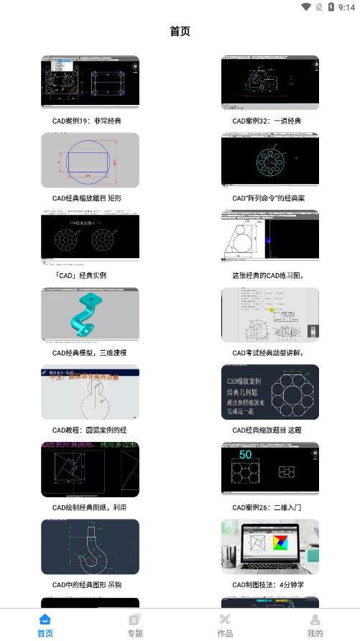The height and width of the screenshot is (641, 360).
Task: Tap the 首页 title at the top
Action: (180, 32)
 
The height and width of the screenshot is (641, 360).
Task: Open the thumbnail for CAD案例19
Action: (90, 83)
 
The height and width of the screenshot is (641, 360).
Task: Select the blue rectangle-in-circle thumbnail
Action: (90, 160)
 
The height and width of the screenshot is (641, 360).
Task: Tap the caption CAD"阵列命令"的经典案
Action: (269, 198)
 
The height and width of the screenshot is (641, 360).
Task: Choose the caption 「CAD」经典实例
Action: (79, 275)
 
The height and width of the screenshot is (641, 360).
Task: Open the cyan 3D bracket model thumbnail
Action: (90, 315)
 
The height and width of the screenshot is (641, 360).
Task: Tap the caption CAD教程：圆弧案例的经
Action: (89, 430)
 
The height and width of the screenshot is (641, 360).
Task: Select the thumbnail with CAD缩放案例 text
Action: (269, 392)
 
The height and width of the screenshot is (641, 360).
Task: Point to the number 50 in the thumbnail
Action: (245, 455)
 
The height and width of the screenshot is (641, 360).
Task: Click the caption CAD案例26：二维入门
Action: (267, 507)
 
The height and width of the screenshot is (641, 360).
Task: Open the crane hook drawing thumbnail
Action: (90, 547)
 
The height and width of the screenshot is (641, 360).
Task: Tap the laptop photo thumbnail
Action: (269, 547)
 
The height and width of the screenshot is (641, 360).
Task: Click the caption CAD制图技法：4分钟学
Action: (268, 585)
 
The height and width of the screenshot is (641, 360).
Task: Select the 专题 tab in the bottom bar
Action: (135, 624)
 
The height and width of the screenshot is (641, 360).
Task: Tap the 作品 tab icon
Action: (225, 619)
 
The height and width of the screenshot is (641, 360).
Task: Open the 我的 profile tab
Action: (315, 624)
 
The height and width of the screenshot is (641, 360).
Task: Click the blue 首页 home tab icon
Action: (45, 619)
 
